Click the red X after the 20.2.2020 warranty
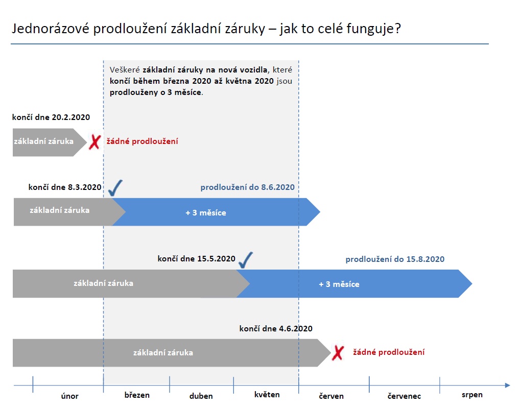[x=95, y=142]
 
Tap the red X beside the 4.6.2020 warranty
[x=338, y=352]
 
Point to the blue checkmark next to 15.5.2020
[x=245, y=260]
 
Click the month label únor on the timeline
[x=69, y=396]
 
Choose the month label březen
[x=137, y=395]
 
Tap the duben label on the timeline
[x=201, y=396]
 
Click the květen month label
[x=267, y=394]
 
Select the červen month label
[x=332, y=396]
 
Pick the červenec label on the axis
[x=404, y=396]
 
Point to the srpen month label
[x=472, y=395]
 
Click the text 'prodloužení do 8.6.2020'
[x=247, y=187]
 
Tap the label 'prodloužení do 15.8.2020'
[x=395, y=259]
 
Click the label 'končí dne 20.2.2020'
[x=51, y=117]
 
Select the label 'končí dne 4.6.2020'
[x=276, y=328]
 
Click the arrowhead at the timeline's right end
[x=508, y=385]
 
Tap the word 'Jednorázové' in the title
[x=51, y=29]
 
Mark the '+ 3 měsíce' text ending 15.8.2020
[x=339, y=284]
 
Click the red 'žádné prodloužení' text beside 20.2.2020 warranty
[x=143, y=141]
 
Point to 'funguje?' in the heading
[x=374, y=29]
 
